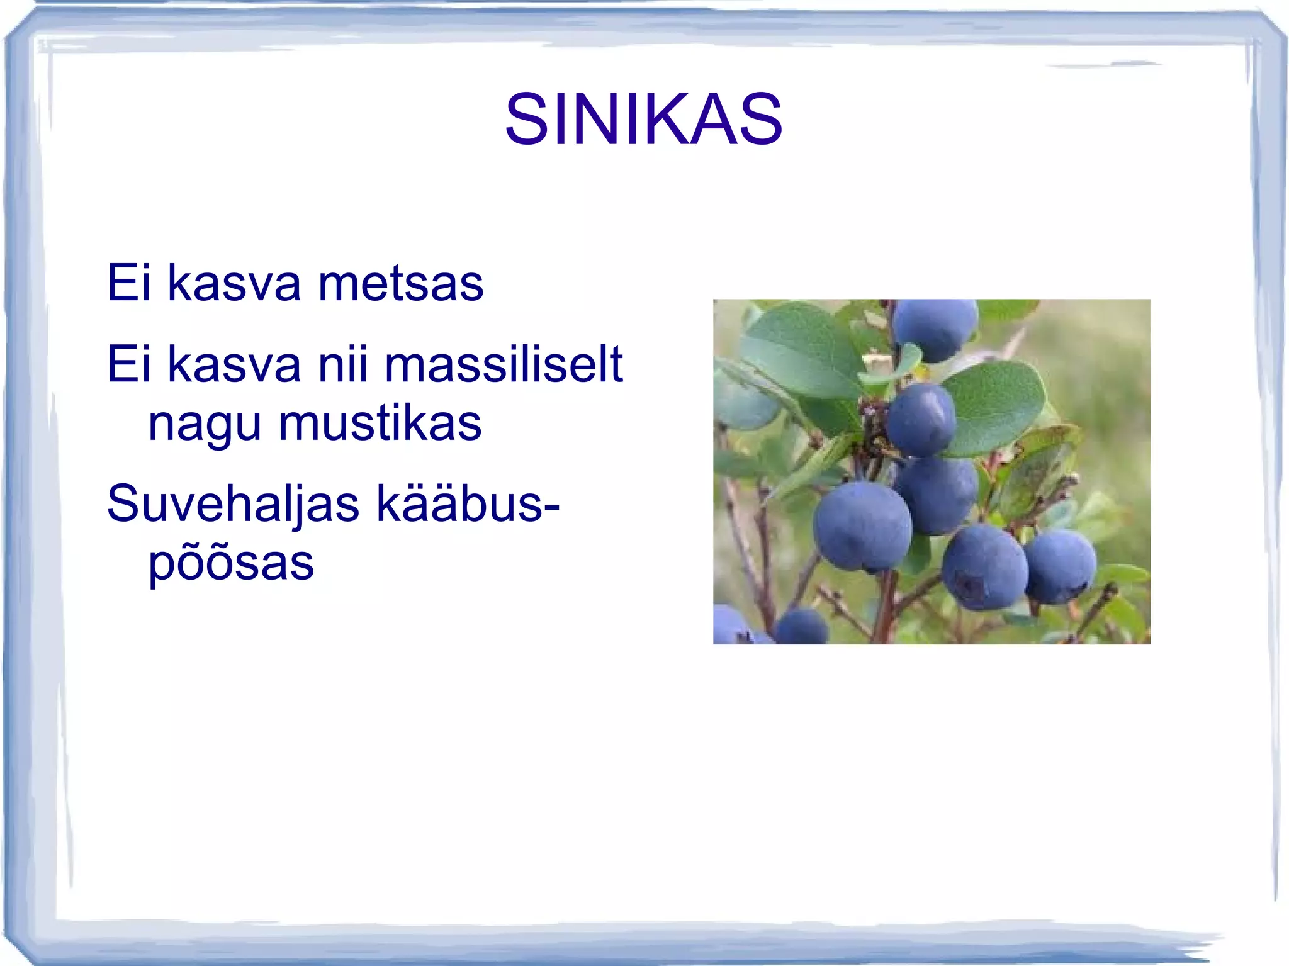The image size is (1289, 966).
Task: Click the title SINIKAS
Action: [x=643, y=119]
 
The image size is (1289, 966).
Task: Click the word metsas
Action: [x=401, y=283]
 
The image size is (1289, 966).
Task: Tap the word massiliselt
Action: [x=504, y=364]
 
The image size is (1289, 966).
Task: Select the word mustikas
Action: [x=380, y=423]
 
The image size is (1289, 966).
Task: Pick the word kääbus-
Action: [x=468, y=504]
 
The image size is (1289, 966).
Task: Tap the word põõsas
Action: [x=231, y=564]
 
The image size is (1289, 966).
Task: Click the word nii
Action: [x=343, y=364]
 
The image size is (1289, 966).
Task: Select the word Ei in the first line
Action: [x=129, y=283]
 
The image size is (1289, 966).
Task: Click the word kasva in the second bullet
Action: [x=234, y=364]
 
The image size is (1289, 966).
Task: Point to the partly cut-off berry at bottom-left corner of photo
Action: [x=730, y=627]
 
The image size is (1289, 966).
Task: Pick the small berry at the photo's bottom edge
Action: [x=801, y=627]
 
